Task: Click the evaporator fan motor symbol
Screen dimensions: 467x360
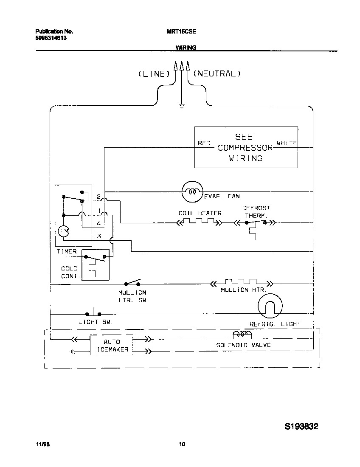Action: (x=192, y=191)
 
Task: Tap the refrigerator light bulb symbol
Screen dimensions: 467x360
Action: (x=270, y=306)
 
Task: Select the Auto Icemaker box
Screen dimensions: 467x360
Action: (x=111, y=346)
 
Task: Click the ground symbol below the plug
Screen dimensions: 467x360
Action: (x=181, y=106)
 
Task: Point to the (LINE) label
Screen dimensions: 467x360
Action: (x=154, y=74)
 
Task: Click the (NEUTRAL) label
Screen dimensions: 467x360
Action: (x=217, y=73)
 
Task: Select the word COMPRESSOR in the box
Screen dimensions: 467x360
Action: (x=245, y=148)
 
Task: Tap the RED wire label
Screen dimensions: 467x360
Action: (x=204, y=143)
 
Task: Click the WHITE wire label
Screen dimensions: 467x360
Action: (x=287, y=143)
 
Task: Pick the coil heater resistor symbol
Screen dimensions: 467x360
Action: (x=199, y=222)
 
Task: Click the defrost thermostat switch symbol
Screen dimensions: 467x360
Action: (x=256, y=222)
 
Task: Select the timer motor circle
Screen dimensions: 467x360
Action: (x=64, y=231)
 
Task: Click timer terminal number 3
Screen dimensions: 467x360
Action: (x=98, y=236)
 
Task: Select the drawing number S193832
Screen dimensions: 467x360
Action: (x=301, y=426)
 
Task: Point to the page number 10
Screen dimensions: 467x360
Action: (x=182, y=445)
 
